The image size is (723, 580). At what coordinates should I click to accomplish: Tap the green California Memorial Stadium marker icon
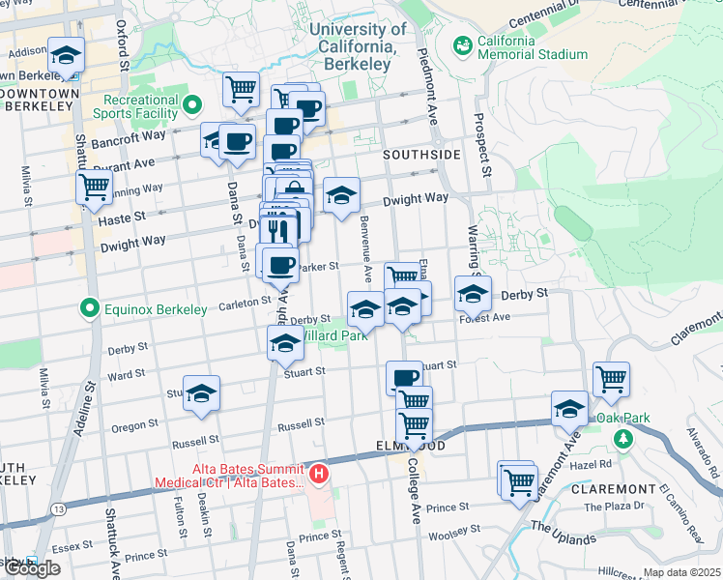pyautogui.click(x=462, y=44)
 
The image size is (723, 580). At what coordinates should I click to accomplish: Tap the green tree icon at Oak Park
pyautogui.click(x=624, y=439)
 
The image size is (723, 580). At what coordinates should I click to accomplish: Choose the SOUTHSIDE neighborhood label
pyautogui.click(x=420, y=155)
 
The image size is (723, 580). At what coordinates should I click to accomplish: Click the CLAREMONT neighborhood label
pyautogui.click(x=613, y=489)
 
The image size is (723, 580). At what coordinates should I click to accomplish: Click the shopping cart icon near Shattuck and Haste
pyautogui.click(x=94, y=186)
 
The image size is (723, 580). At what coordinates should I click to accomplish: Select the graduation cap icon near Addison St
pyautogui.click(x=66, y=54)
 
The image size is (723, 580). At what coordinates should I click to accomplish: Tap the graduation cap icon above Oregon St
pyautogui.click(x=201, y=392)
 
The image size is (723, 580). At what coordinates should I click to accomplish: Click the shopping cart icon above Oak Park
pyautogui.click(x=612, y=379)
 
